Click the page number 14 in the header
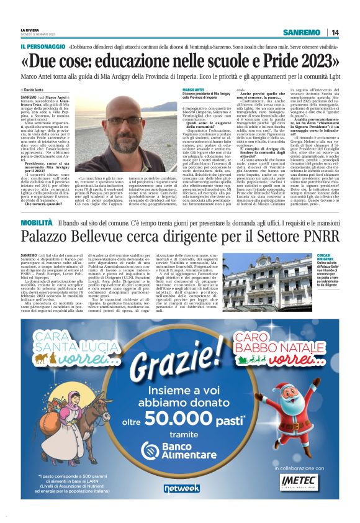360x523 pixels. pyautogui.click(x=335, y=32)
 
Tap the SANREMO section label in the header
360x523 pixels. pyautogui.click(x=301, y=32)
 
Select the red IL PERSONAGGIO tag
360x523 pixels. pyautogui.click(x=43, y=47)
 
